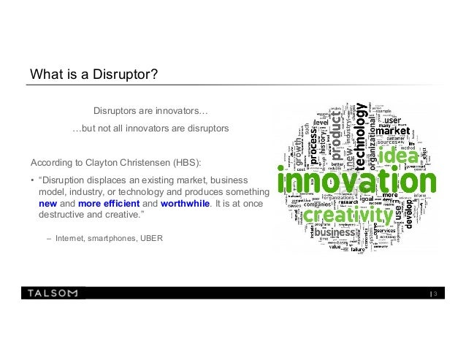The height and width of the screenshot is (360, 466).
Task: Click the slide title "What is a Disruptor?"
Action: coord(91,76)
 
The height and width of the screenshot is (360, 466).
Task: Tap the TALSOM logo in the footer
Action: coord(53,294)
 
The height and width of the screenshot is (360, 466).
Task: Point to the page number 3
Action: coord(435,294)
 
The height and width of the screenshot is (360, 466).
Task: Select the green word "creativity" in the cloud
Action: coord(348,217)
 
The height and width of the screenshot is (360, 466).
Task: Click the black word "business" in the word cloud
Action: coord(334,233)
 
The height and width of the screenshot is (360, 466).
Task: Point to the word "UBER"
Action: coord(151,238)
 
